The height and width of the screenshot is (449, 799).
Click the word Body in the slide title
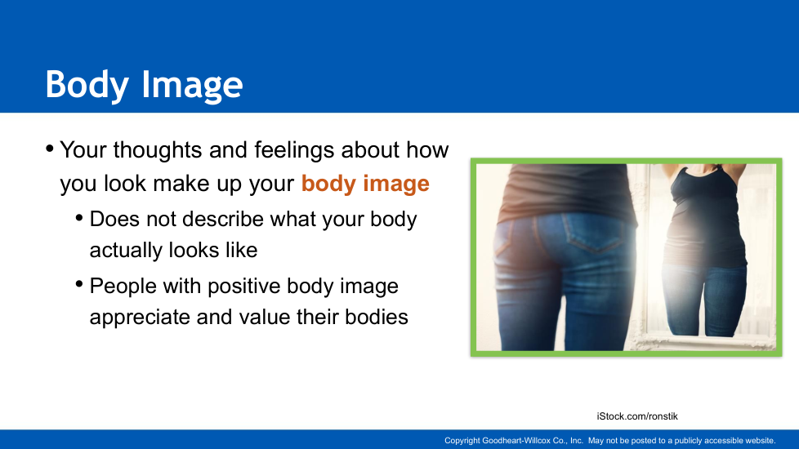click(x=87, y=85)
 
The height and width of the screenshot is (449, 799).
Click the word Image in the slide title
click(x=192, y=85)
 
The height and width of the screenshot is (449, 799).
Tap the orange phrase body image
click(x=365, y=183)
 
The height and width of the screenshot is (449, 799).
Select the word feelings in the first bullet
click(x=295, y=150)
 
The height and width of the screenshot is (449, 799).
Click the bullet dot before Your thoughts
click(x=50, y=149)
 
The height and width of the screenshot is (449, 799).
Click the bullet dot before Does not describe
click(x=79, y=218)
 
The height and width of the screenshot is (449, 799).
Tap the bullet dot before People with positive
click(x=79, y=283)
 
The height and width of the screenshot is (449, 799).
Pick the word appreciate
click(x=141, y=318)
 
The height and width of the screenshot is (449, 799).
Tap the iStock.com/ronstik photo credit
click(x=637, y=416)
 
